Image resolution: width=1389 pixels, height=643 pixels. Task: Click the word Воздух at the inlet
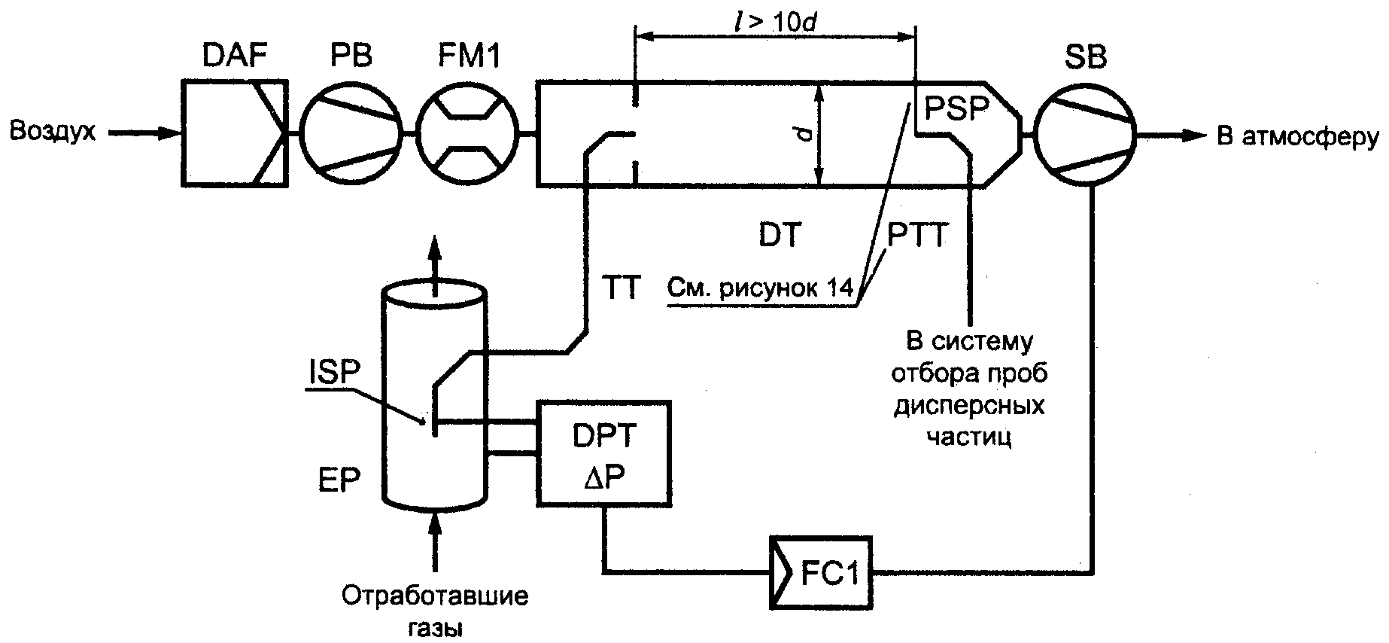[53, 133]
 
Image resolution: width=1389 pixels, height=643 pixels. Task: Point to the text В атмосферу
[1299, 138]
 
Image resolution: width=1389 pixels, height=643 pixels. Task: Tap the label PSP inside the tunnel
[956, 108]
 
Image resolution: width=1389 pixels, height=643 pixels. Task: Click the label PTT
[917, 236]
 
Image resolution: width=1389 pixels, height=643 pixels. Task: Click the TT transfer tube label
[620, 288]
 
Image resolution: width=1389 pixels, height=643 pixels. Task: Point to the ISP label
[333, 373]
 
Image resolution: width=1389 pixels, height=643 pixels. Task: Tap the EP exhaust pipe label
[339, 480]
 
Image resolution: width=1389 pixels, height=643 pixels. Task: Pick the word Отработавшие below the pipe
[435, 597]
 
